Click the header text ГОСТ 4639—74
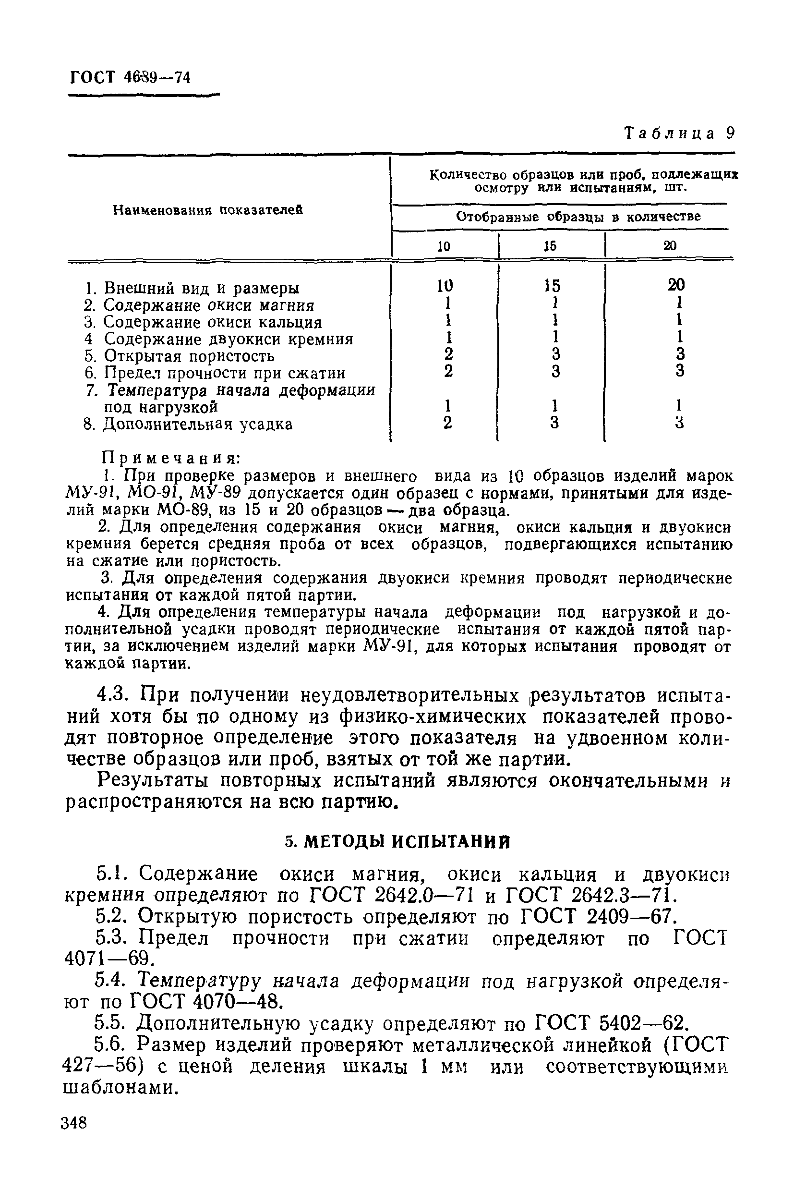click(130, 76)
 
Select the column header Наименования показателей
click(208, 210)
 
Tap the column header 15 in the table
click(550, 246)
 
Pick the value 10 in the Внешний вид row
click(445, 286)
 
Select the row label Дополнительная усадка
click(197, 424)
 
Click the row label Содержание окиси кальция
click(212, 322)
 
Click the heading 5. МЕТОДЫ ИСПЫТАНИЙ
click(397, 841)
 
